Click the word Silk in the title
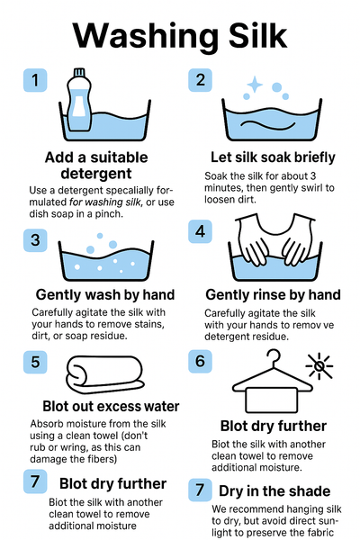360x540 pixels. click(257, 35)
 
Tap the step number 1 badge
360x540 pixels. click(35, 80)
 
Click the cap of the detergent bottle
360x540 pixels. click(79, 72)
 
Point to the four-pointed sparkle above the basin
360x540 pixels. click(255, 85)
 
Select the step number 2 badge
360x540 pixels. click(200, 80)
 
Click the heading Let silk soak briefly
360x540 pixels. click(273, 157)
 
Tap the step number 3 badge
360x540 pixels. click(35, 240)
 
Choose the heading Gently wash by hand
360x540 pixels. click(105, 295)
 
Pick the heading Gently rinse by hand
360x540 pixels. click(274, 295)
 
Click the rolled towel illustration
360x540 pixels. click(104, 374)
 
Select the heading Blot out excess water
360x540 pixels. click(111, 407)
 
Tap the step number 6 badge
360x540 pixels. click(200, 361)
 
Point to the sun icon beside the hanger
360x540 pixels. click(319, 365)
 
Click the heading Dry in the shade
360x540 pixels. click(274, 491)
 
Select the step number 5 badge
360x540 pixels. click(35, 362)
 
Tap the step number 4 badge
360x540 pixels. click(200, 231)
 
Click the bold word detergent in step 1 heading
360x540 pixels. click(96, 173)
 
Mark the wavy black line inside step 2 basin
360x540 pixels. click(268, 124)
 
